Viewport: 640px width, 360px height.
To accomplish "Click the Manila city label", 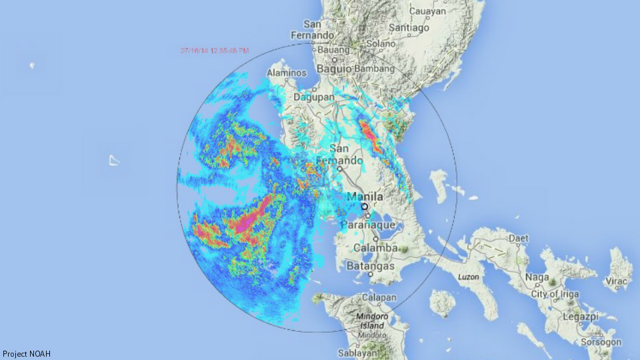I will tap(365, 197).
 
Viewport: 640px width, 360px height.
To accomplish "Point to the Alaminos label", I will tap(287, 73).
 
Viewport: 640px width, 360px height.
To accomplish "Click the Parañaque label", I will tap(368, 225).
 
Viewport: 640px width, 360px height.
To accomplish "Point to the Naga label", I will tap(537, 277).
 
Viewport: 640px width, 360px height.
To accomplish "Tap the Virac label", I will tap(616, 281).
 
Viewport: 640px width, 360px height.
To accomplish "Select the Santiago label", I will tap(409, 28).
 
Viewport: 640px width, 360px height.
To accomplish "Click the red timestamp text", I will tap(215, 51).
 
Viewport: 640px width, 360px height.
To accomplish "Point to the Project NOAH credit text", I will tap(27, 354).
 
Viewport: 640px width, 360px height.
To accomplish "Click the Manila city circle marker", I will tap(365, 207).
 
